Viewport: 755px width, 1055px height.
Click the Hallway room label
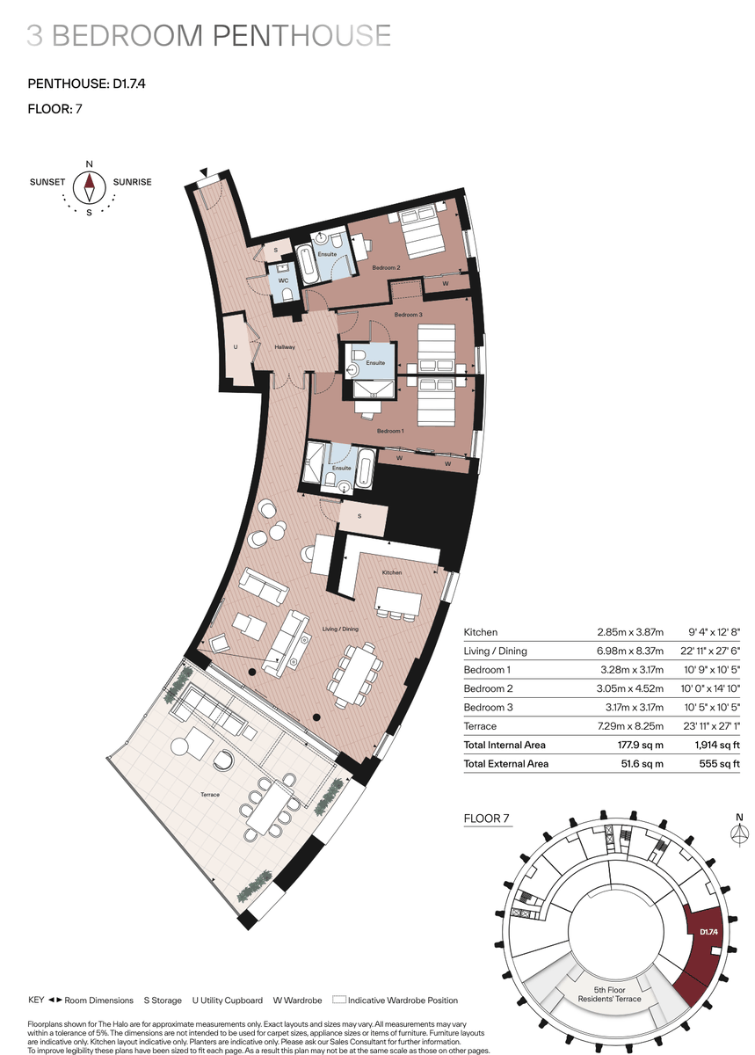[285, 347]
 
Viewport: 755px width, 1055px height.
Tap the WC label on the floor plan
[283, 280]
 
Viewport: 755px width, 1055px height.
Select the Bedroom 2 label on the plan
[386, 267]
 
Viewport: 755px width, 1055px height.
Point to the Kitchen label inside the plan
[392, 572]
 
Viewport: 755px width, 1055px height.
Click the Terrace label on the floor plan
[210, 795]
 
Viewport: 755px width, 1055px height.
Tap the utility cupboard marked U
[236, 347]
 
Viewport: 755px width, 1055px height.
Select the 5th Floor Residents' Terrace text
[609, 994]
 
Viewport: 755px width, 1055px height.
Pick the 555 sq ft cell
[719, 763]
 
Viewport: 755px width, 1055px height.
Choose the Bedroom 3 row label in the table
[488, 707]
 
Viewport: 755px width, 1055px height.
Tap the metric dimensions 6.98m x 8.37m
[630, 651]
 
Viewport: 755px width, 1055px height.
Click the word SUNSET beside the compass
[47, 182]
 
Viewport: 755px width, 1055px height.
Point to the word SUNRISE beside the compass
[133, 182]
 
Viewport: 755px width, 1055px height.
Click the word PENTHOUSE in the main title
[301, 35]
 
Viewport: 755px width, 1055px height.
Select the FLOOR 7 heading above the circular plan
[487, 819]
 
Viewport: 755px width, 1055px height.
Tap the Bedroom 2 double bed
[422, 233]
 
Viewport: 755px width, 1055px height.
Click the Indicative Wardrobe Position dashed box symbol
[339, 1000]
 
